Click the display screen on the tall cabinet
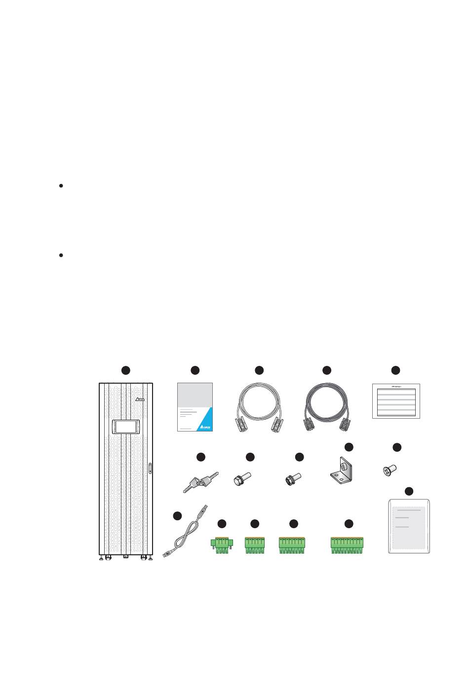pyautogui.click(x=125, y=427)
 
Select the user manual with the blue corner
pyautogui.click(x=195, y=407)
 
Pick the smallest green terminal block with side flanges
pyautogui.click(x=222, y=544)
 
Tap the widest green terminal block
pyautogui.click(x=349, y=545)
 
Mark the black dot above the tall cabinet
pyautogui.click(x=126, y=370)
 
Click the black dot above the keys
pyautogui.click(x=201, y=457)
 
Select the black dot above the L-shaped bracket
pyautogui.click(x=349, y=447)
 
